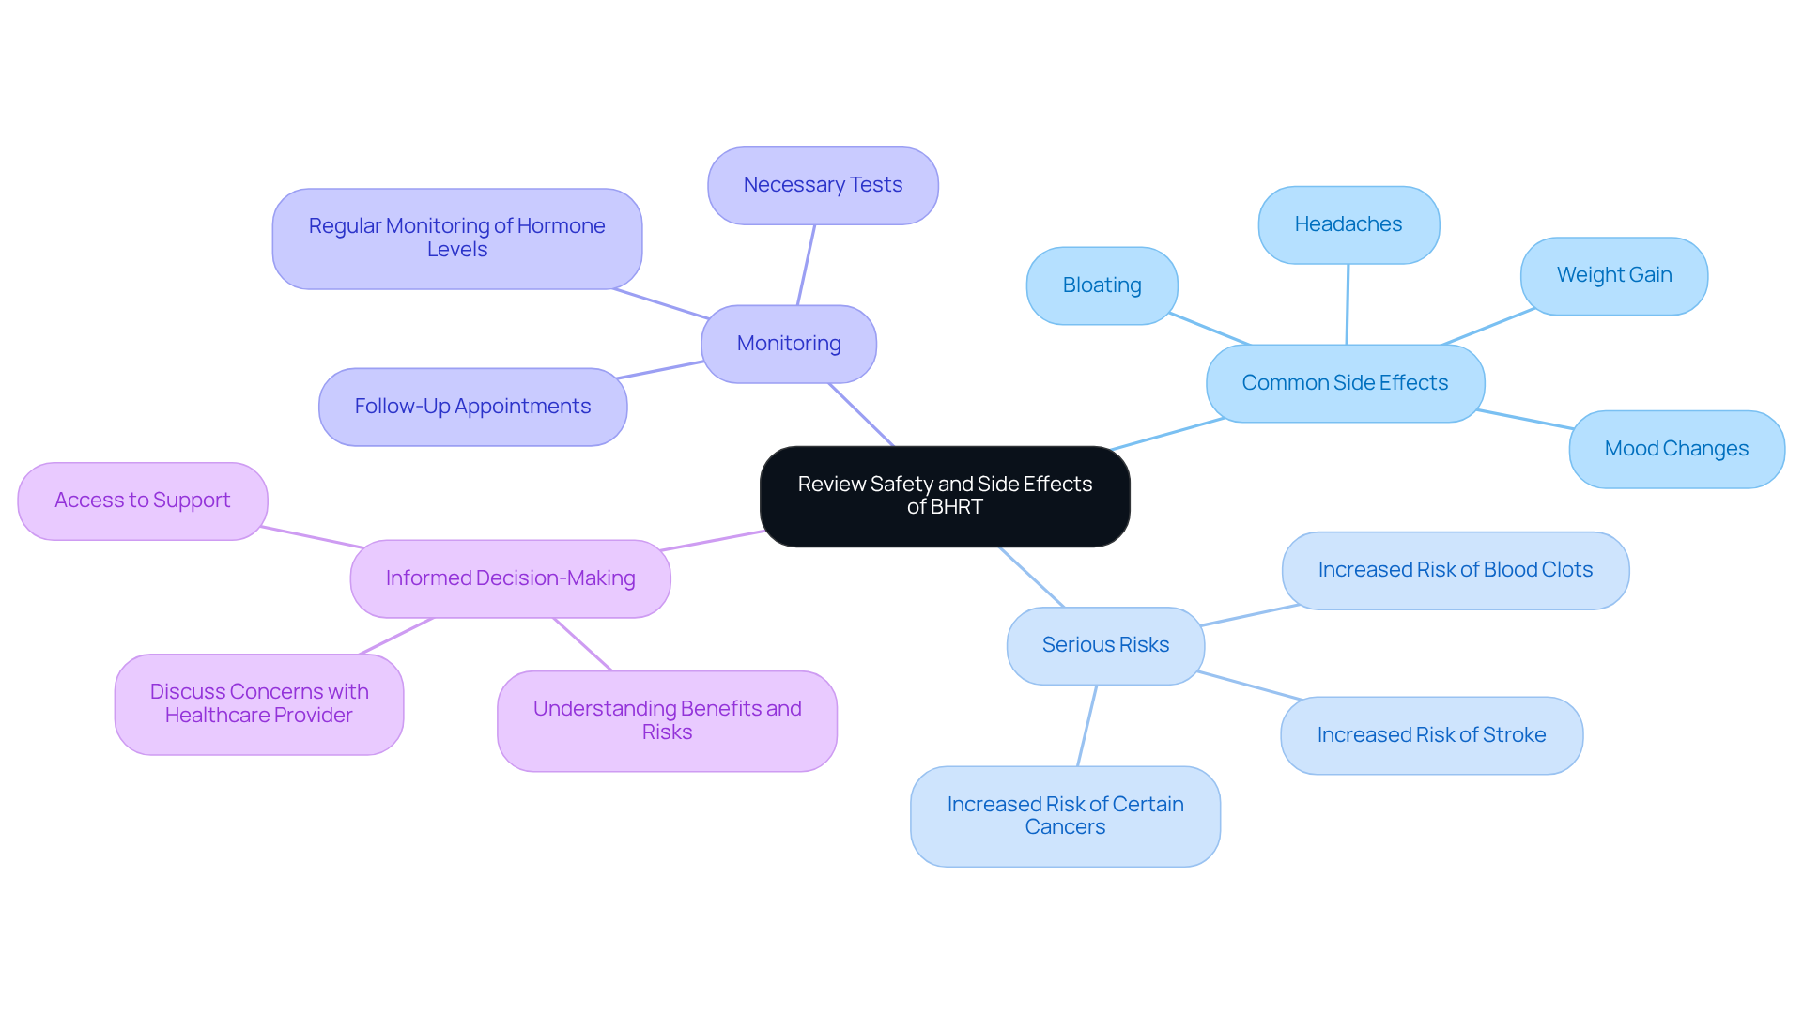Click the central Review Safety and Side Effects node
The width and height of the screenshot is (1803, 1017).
point(945,496)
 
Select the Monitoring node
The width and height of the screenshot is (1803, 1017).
point(789,344)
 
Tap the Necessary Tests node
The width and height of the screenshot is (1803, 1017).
point(823,185)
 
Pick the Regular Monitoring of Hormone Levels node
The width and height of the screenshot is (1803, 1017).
point(457,239)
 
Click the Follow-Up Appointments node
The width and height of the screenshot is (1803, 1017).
point(472,407)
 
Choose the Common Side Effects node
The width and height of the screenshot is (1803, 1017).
point(1345,383)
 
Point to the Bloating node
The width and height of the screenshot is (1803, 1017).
point(1102,285)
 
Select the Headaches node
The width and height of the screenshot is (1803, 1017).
point(1348,224)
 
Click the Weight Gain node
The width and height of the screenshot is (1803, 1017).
point(1613,275)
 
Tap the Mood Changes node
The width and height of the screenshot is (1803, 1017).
point(1676,449)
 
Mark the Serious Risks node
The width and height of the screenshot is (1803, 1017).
point(1105,645)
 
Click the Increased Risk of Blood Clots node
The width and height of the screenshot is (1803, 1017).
point(1455,570)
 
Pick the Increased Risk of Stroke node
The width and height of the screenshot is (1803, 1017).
point(1431,735)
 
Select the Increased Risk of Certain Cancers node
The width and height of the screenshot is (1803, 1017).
point(1065,816)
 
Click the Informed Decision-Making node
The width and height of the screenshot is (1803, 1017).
point(510,578)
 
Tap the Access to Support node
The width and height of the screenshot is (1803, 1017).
point(143,501)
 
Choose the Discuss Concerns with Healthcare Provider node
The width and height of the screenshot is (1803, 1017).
point(259,703)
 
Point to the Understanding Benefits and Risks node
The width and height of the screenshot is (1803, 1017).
point(667,720)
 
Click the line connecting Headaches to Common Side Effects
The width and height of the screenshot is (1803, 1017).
point(1348,304)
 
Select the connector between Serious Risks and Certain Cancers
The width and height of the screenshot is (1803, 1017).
point(1087,725)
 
